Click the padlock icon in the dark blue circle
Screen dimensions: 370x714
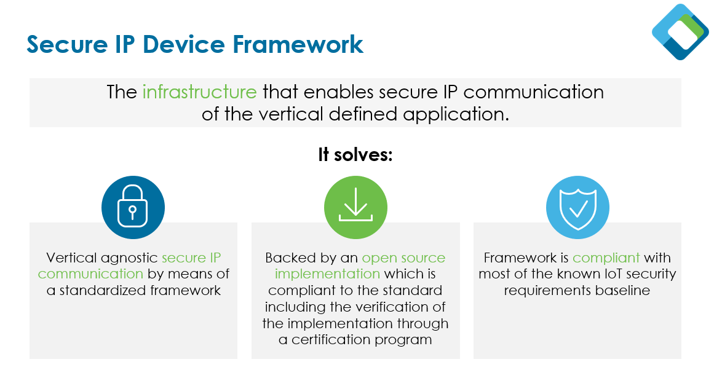(x=133, y=208)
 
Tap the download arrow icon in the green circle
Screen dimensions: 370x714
(x=355, y=208)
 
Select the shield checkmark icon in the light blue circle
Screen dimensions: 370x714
(x=577, y=208)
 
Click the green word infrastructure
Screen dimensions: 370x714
(x=199, y=92)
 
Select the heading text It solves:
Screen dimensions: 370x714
(x=355, y=154)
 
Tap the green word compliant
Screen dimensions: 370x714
(x=606, y=258)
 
